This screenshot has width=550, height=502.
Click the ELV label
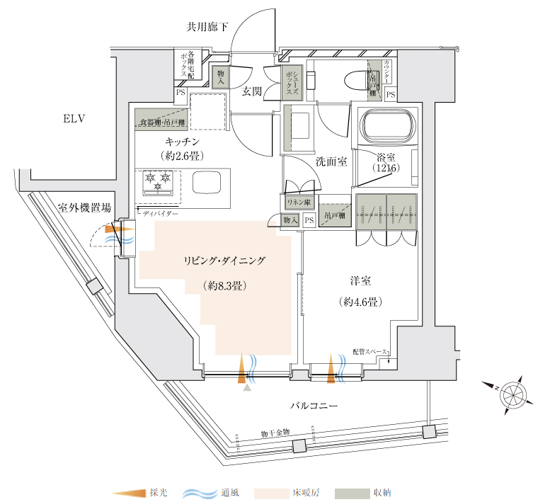pos(74,118)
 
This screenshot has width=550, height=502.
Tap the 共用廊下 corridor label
pos(207,28)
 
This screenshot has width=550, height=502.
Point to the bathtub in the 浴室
pos(387,127)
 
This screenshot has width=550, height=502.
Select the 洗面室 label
pos(331,161)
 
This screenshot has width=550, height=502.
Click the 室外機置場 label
pos(84,207)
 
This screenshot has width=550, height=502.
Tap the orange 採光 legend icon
pos(129,493)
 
